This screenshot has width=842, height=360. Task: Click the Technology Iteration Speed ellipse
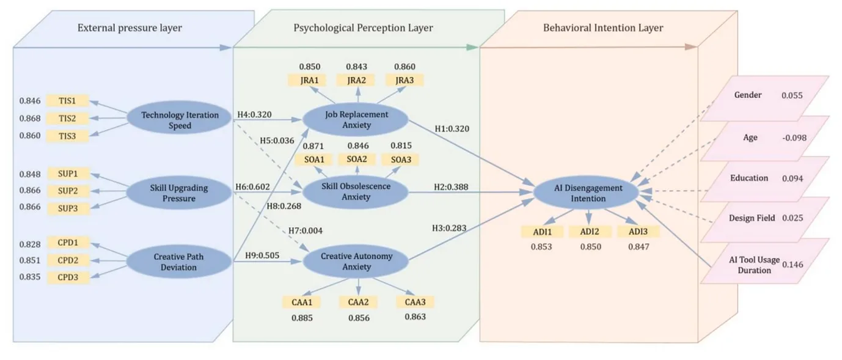(179, 118)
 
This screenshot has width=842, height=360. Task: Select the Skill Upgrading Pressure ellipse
(179, 193)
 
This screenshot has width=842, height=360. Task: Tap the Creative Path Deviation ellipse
(179, 262)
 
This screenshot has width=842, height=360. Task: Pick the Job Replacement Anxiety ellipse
(356, 119)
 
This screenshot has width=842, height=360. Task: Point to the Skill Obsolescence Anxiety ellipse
(356, 192)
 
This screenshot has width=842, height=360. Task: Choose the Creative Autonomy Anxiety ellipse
(356, 261)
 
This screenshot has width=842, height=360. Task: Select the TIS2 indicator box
(68, 119)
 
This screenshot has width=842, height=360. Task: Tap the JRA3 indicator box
(405, 80)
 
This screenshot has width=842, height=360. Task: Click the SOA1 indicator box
(314, 160)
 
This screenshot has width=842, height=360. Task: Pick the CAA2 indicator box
(358, 302)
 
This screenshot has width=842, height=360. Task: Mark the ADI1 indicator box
(542, 232)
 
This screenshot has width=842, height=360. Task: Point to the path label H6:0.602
(252, 187)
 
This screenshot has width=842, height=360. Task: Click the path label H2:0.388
(451, 187)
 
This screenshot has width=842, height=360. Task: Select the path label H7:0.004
(306, 230)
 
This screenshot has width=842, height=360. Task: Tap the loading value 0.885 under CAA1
(302, 318)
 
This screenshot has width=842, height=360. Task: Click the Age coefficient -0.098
(794, 138)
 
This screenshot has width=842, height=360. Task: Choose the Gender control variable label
(748, 95)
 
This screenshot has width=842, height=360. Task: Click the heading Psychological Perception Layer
(363, 28)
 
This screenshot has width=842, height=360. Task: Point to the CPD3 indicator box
(68, 277)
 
